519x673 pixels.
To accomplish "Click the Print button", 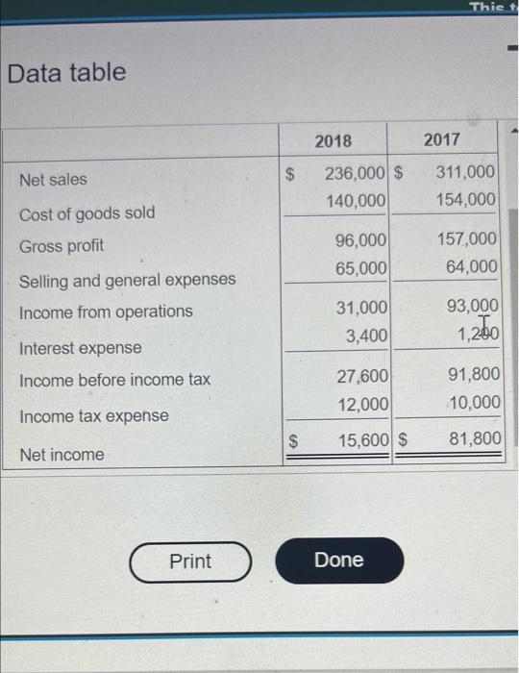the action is coord(190,561).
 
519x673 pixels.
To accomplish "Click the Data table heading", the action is coord(66,72).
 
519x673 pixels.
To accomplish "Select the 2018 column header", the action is coord(334,140).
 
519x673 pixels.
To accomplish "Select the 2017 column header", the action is coord(442,140).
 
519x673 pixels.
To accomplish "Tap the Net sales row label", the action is coord(53,179).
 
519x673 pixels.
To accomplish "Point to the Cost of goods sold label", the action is coord(86,212).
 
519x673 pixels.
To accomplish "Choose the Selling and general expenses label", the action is coord(127,280).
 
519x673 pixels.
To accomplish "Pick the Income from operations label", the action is coord(106,312).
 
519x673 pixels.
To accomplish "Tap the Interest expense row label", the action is coord(80,347).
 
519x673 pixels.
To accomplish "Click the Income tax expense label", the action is coord(93,416).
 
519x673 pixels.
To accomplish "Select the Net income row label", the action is coord(62,454).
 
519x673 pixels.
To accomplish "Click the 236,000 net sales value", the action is coord(356,173).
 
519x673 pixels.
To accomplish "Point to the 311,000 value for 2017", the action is coord(466,173).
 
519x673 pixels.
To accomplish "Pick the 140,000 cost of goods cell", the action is coord(356,200).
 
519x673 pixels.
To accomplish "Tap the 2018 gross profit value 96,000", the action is coord(361,239).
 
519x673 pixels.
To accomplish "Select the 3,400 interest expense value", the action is coord(366,336).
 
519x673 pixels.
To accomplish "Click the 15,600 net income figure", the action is coord(362,439).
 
